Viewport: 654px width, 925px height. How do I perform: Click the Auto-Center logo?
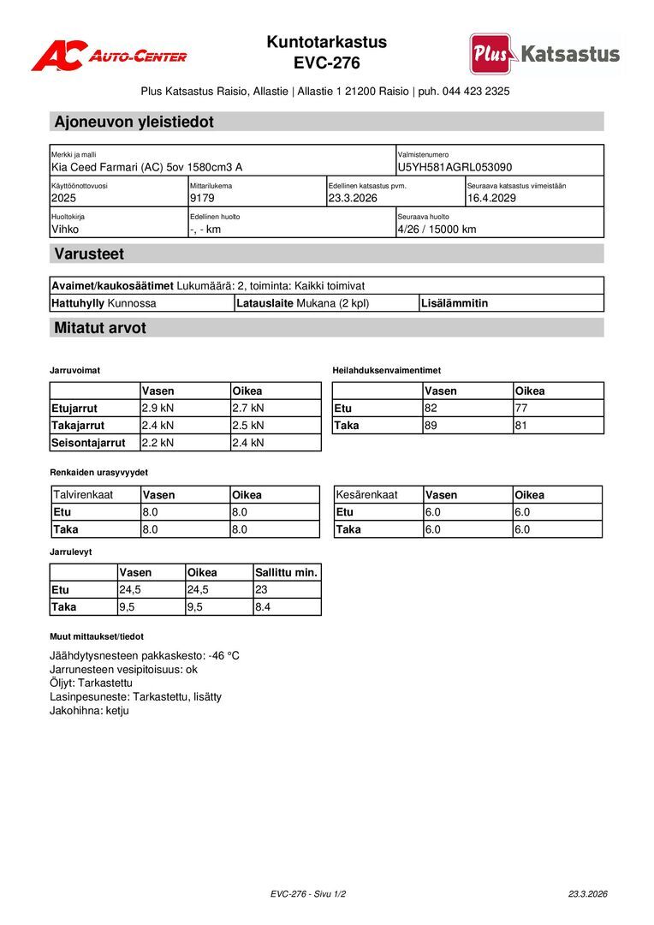[x=109, y=56]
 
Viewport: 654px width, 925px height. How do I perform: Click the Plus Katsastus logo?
[x=544, y=54]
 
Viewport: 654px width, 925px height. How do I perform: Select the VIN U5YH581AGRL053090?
[x=455, y=167]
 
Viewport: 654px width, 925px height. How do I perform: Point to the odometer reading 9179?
[x=202, y=198]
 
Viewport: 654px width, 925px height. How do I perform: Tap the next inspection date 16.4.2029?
[x=491, y=198]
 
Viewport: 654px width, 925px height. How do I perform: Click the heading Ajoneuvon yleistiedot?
[x=134, y=122]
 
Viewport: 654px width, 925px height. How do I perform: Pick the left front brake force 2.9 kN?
[x=158, y=408]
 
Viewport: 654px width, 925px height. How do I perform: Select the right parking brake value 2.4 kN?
[x=248, y=443]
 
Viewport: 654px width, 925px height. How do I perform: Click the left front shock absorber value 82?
[x=431, y=408]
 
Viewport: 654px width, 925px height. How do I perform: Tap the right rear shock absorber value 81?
[x=521, y=425]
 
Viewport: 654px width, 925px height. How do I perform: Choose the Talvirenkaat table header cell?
[x=83, y=494]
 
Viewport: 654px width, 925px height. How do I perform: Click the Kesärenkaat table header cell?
[x=367, y=494]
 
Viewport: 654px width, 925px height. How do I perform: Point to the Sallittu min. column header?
[x=286, y=572]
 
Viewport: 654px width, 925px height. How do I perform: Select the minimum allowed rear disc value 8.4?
[x=263, y=606]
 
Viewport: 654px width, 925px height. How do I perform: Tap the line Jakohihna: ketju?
[x=89, y=710]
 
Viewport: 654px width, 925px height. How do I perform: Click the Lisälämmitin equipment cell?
[x=455, y=302]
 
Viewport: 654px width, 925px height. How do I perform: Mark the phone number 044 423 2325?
[x=476, y=91]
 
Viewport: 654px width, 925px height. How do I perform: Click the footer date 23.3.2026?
[x=587, y=893]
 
